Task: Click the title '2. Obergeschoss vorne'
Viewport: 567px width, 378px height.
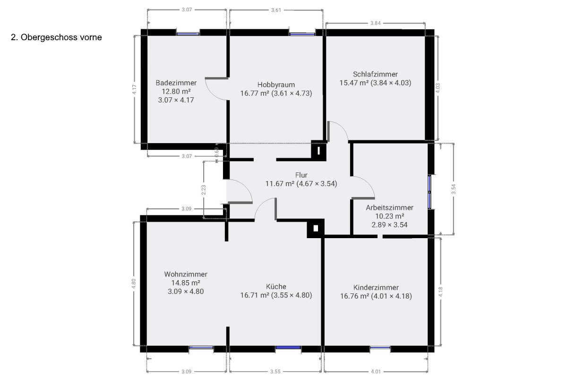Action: (56, 37)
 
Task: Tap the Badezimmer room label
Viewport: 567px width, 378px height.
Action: (176, 83)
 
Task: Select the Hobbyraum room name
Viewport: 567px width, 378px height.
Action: (276, 85)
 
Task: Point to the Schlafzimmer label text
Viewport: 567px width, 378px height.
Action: (375, 74)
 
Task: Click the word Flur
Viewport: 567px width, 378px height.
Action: (301, 175)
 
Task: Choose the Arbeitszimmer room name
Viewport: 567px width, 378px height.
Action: (389, 207)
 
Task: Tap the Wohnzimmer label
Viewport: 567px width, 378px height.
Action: (186, 274)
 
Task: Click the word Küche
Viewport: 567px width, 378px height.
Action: (276, 287)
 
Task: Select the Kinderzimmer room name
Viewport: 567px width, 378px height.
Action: (376, 288)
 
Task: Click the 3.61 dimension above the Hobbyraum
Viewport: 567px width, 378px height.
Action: (276, 10)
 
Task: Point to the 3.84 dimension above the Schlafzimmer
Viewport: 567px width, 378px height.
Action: (375, 23)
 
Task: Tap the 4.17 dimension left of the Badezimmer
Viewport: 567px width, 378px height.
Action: (134, 89)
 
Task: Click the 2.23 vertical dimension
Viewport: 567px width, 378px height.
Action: (204, 190)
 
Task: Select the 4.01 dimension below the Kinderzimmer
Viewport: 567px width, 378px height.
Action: (376, 372)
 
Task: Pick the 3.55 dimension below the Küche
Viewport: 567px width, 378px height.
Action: (275, 372)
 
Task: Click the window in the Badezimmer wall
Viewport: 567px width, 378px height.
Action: (188, 34)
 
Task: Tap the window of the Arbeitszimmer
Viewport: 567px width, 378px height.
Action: (430, 192)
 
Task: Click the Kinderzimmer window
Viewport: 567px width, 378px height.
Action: (380, 348)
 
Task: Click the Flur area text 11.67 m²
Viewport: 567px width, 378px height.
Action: (280, 183)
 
